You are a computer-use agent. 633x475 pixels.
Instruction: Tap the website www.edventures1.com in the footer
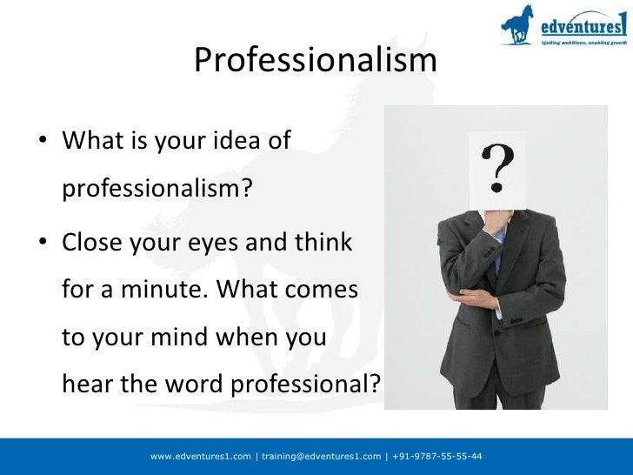pos(201,456)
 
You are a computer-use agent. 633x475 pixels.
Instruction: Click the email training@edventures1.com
pos(321,456)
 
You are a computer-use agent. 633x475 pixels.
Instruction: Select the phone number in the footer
pos(436,456)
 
